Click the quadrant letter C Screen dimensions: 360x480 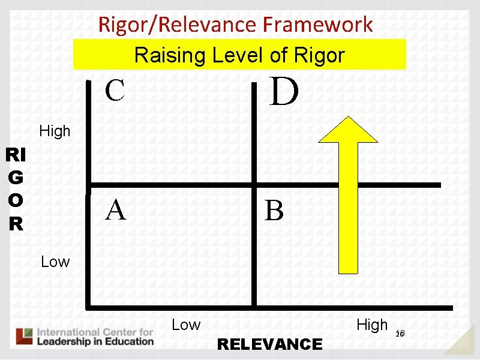[x=115, y=91]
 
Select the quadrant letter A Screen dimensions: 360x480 [x=116, y=210]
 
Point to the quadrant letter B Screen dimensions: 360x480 [x=274, y=211]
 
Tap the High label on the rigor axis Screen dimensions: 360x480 [x=55, y=131]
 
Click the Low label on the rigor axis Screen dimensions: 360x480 [x=55, y=262]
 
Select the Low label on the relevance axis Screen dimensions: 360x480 [x=186, y=325]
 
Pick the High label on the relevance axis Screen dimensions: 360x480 [x=372, y=325]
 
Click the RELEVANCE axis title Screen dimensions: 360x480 [x=269, y=344]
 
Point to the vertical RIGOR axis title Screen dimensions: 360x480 [x=16, y=190]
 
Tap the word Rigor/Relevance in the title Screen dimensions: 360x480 [x=178, y=25]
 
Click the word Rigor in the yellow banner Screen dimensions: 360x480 [x=319, y=56]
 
